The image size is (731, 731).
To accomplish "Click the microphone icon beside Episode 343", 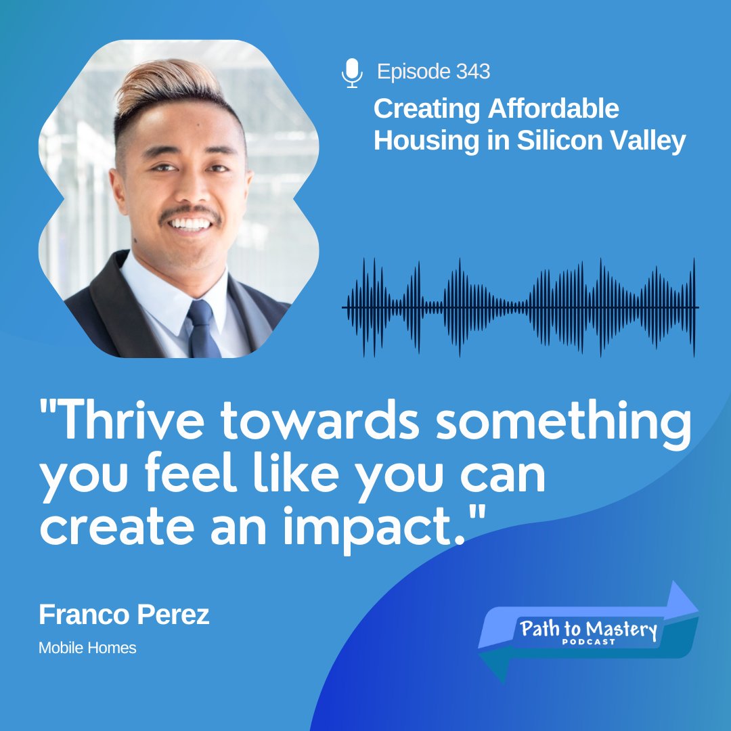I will tap(351, 73).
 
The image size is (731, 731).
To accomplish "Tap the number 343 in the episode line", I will tap(473, 72).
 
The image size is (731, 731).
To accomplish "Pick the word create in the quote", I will tap(105, 530).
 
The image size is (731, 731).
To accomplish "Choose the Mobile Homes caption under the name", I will tap(87, 648).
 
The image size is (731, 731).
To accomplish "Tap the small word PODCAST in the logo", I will tap(589, 642).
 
